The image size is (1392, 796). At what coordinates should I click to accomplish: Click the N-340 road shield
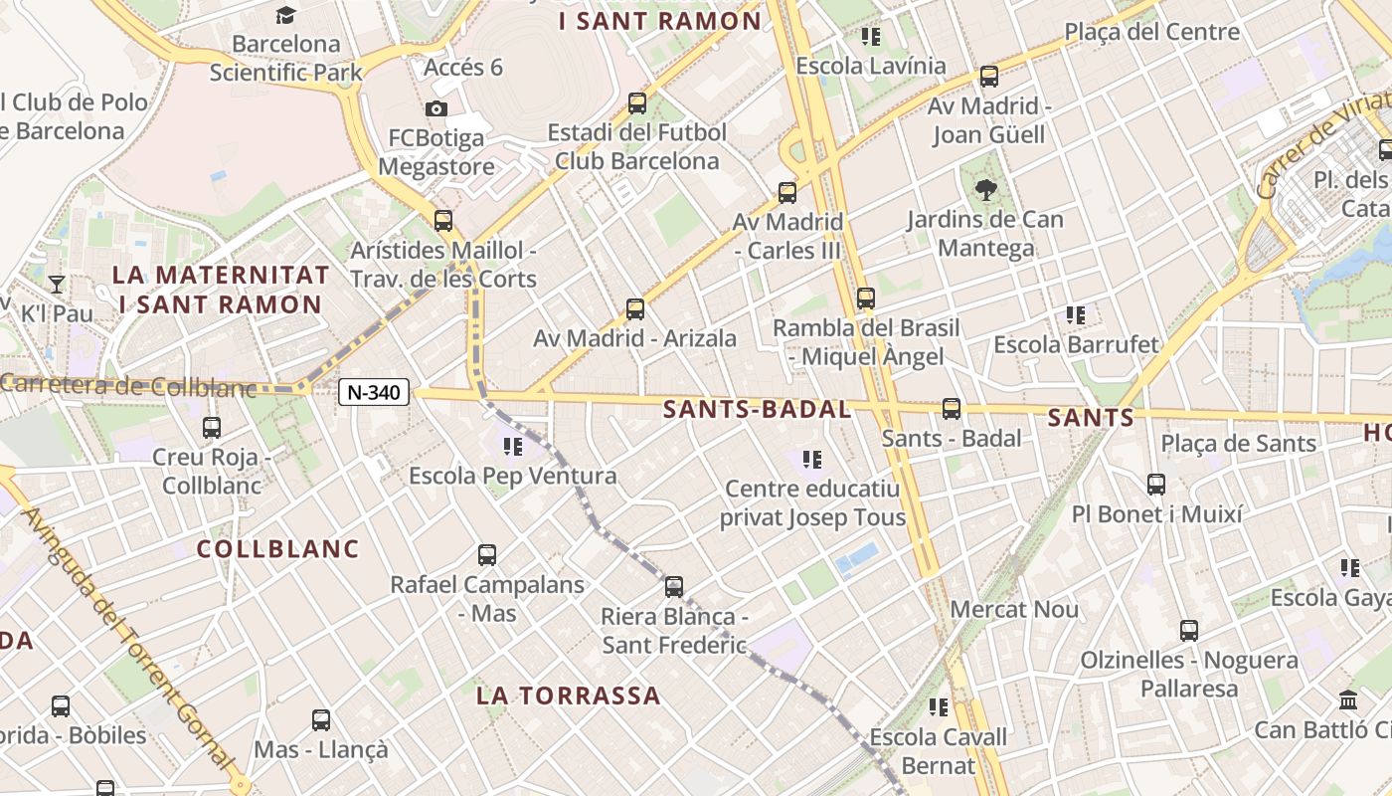(375, 392)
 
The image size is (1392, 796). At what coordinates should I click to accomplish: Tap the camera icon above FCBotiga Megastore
(435, 109)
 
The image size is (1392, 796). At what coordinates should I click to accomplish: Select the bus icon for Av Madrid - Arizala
(635, 309)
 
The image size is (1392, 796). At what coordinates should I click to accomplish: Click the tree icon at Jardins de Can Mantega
(985, 189)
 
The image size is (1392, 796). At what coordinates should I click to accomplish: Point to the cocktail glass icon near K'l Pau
(57, 285)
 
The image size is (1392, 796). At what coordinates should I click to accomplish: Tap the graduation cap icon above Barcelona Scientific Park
(286, 15)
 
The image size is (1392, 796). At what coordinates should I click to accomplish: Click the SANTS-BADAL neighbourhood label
(757, 409)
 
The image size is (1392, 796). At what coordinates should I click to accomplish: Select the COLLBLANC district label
(277, 548)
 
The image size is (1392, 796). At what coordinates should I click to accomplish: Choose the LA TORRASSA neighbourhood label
(568, 696)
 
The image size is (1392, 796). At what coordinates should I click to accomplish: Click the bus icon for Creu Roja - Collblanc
(212, 428)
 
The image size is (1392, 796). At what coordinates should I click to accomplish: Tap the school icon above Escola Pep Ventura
(513, 447)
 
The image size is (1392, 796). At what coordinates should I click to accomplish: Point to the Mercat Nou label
(1014, 609)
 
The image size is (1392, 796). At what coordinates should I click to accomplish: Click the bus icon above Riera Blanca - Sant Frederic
(674, 587)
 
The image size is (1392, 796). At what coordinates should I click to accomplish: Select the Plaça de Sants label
(1239, 444)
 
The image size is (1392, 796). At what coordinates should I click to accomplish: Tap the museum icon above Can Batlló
(1348, 699)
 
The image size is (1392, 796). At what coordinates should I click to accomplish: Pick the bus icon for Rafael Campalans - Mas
(487, 555)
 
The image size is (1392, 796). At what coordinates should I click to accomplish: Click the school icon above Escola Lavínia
(871, 38)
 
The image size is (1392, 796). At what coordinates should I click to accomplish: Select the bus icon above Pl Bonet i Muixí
(1155, 485)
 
